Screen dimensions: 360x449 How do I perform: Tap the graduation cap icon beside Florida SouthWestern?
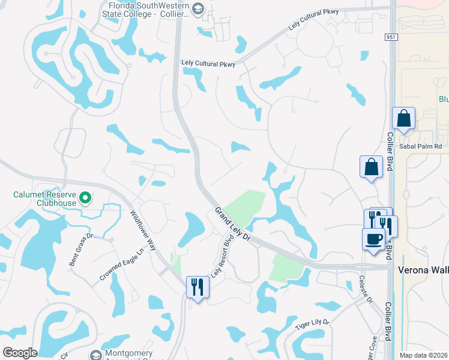coord(199,8)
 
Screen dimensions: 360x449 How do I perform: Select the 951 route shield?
coord(391,37)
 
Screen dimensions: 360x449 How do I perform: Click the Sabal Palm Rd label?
coord(421,146)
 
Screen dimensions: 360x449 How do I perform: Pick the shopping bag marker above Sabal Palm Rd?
coord(403,119)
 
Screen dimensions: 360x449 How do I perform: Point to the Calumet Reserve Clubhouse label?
coord(46,199)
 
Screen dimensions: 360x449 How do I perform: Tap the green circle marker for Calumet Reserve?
coord(85,197)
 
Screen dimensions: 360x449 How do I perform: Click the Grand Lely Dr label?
coord(233,226)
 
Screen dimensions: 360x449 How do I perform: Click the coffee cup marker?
coord(373,239)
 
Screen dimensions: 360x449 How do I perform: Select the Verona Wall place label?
coord(423,270)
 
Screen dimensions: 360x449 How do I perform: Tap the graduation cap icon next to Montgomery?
coord(95,356)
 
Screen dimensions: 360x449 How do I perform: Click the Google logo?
coord(20,353)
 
